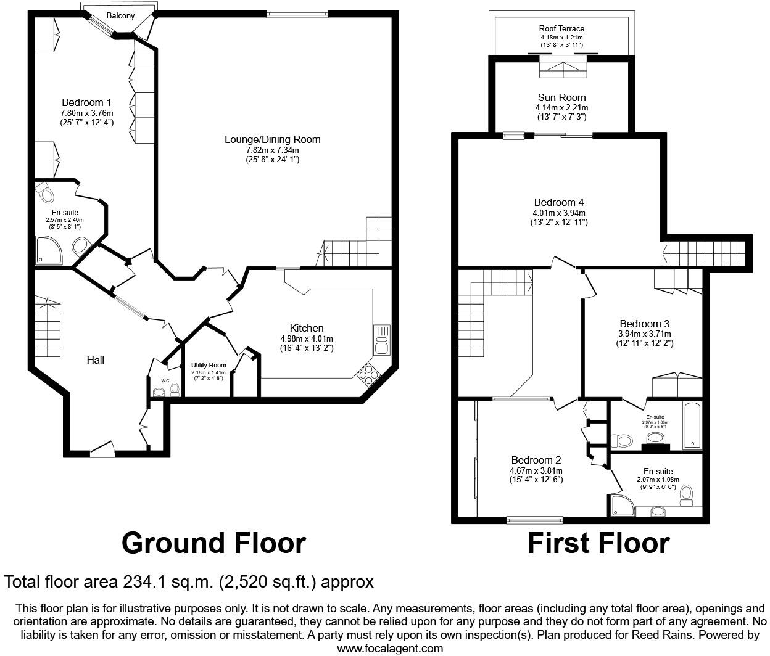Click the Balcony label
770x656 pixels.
pos(120,16)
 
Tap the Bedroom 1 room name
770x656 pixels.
pos(86,102)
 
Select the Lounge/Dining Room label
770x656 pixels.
pos(272,139)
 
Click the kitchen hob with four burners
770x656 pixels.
pos(369,374)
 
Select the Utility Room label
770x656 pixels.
pos(209,365)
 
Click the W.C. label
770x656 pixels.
pos(165,380)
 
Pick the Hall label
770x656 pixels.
pos(95,360)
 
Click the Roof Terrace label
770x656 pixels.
pos(561,28)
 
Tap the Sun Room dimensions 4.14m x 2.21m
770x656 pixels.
pos(561,107)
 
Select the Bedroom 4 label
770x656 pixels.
pos(559,202)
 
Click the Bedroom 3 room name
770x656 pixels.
pos(645,324)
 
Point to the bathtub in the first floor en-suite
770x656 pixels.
pos(692,426)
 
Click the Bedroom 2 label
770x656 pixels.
pos(536,460)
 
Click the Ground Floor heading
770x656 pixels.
pos(213,543)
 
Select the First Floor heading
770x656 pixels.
pos(598,543)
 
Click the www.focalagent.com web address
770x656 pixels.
pos(390,648)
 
